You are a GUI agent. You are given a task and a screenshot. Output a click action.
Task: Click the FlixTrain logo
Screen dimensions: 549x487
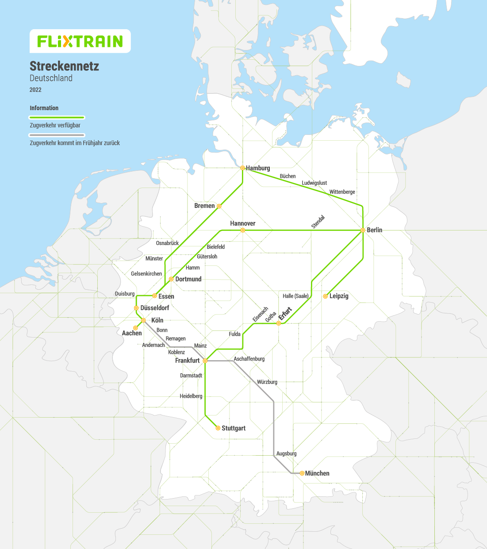point(80,41)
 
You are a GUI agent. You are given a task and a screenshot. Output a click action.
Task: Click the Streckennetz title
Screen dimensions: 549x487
point(64,66)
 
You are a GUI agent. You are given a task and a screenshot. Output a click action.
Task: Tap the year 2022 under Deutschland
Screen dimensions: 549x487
point(35,90)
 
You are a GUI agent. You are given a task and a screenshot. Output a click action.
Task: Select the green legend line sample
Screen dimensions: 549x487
point(57,118)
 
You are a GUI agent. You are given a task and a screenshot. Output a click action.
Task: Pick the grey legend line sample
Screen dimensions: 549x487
point(57,135)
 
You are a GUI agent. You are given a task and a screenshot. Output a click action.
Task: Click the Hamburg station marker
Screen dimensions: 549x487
point(242,168)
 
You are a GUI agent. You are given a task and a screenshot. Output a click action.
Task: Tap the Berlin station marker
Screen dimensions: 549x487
point(363,230)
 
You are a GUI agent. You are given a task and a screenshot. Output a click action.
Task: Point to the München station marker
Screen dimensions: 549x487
point(302,473)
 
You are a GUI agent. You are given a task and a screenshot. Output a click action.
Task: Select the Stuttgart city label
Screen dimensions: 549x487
point(233,428)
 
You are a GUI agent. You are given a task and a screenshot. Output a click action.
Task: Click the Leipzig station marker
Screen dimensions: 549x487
point(325,296)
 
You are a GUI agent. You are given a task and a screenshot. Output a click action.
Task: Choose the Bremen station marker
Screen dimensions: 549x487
point(219,206)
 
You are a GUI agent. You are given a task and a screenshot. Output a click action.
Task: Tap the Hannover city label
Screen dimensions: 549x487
point(242,223)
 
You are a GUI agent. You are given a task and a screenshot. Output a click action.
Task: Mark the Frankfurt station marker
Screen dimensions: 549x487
point(205,361)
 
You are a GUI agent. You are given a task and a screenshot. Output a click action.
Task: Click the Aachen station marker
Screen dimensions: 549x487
point(135,328)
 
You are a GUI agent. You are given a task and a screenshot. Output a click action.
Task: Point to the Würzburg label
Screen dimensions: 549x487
point(267,382)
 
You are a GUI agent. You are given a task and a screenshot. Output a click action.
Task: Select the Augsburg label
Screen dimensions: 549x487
point(286,453)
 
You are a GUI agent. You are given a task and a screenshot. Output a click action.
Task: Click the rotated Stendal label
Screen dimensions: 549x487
point(318,222)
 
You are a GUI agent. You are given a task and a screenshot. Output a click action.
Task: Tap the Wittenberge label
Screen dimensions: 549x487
point(342,192)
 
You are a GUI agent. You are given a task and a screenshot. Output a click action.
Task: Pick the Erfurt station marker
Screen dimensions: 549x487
point(279,323)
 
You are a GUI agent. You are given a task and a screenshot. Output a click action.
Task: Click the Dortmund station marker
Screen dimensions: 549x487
point(171,279)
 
